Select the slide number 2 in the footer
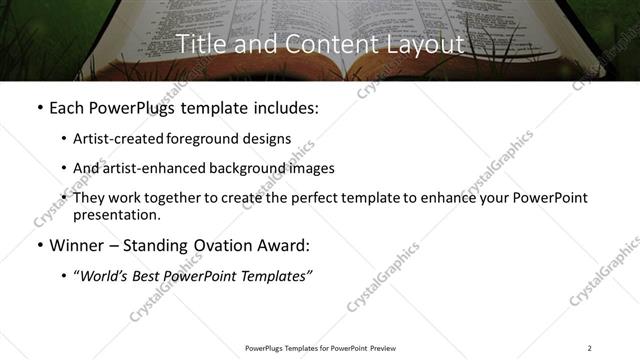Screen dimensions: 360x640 click(x=590, y=348)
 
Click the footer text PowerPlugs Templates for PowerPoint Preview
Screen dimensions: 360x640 click(x=320, y=348)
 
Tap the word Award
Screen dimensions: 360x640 click(x=283, y=245)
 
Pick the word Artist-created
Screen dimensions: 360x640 click(x=114, y=139)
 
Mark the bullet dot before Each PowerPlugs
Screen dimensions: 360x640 click(x=39, y=108)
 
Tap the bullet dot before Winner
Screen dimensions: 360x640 click(x=39, y=245)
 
